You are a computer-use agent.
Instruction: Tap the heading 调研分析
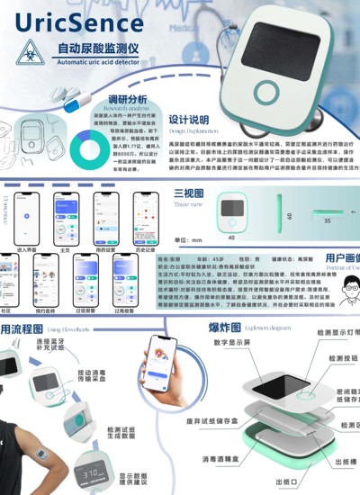[127, 99]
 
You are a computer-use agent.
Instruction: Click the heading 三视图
[187, 193]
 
